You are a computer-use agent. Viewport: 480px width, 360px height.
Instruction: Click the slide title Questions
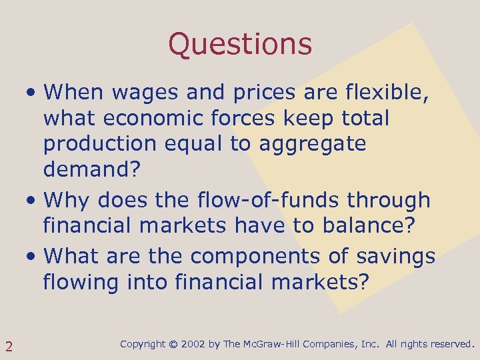pos(240,44)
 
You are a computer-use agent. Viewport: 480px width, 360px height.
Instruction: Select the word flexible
pos(392,91)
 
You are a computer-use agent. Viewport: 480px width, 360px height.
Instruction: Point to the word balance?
pos(370,226)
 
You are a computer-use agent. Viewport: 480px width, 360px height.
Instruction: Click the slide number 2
pos(9,345)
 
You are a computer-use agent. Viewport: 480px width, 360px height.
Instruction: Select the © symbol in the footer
pos(173,345)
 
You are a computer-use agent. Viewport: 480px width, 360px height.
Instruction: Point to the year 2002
pos(194,345)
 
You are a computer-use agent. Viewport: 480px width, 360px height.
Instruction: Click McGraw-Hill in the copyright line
pos(274,345)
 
